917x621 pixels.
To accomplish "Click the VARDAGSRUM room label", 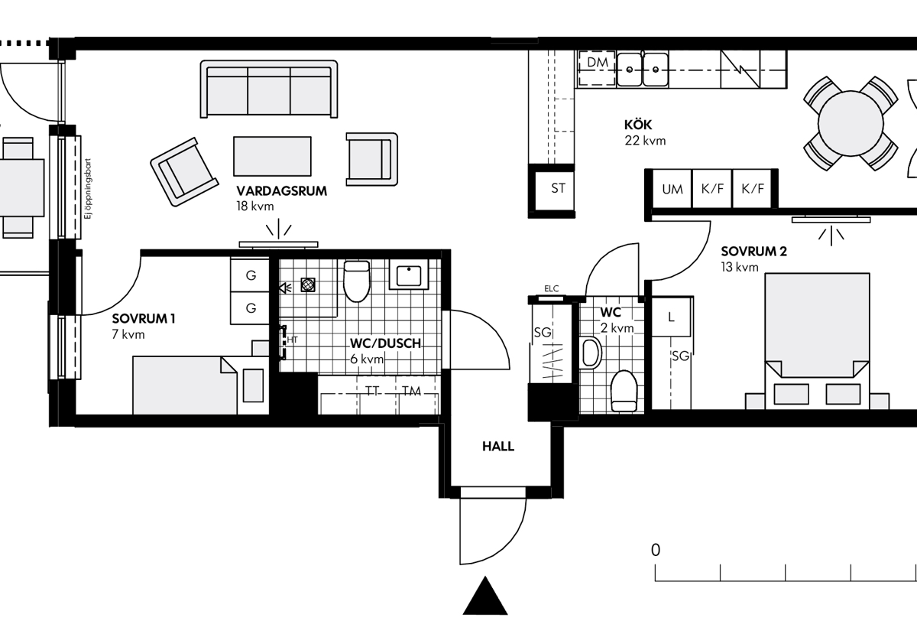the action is pos(282,191).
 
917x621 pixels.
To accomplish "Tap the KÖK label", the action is pos(638,125).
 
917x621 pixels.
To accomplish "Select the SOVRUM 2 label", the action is pos(753,251).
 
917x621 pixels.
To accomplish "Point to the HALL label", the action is pos(497,446).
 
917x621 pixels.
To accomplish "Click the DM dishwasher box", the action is pos(598,68).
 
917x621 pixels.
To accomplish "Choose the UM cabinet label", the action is pos(672,189).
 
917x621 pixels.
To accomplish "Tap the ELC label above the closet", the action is pos(551,288).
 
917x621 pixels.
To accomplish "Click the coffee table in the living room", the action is pos(272,156).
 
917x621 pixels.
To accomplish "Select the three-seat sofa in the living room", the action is pos(269,89).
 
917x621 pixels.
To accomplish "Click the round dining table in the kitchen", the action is pos(851,123).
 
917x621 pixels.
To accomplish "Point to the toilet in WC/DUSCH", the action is pos(357,281).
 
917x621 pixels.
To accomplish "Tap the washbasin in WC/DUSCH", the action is pos(409,275).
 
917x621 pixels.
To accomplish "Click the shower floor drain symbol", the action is pos(308,284).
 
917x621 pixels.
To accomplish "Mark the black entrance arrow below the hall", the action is pos(485,595).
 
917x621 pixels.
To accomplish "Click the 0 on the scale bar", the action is pos(656,550).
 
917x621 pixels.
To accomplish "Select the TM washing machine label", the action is pos(411,392).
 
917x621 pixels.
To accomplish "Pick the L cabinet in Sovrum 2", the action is pos(671,317).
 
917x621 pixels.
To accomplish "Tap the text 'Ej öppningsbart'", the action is pos(88,189).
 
